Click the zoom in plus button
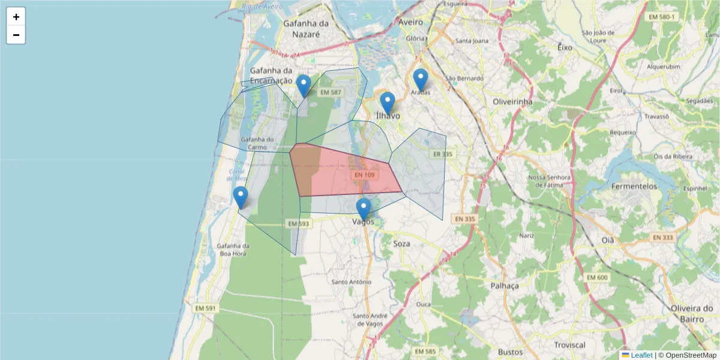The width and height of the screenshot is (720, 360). click(x=16, y=17)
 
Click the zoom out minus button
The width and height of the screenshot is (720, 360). click(x=16, y=35)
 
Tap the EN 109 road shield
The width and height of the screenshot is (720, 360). click(x=364, y=175)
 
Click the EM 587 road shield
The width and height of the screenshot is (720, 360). click(x=331, y=92)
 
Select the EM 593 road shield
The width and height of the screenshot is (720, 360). click(x=298, y=224)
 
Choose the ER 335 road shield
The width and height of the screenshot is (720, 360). click(x=441, y=154)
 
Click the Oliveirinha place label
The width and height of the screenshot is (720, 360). click(x=512, y=101)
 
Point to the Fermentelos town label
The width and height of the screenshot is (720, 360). click(x=634, y=187)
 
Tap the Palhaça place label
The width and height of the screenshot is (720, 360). click(x=504, y=286)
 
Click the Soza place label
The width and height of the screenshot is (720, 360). click(x=401, y=244)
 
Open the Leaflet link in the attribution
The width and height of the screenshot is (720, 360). click(x=641, y=355)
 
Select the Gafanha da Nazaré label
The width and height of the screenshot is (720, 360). click(x=307, y=29)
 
